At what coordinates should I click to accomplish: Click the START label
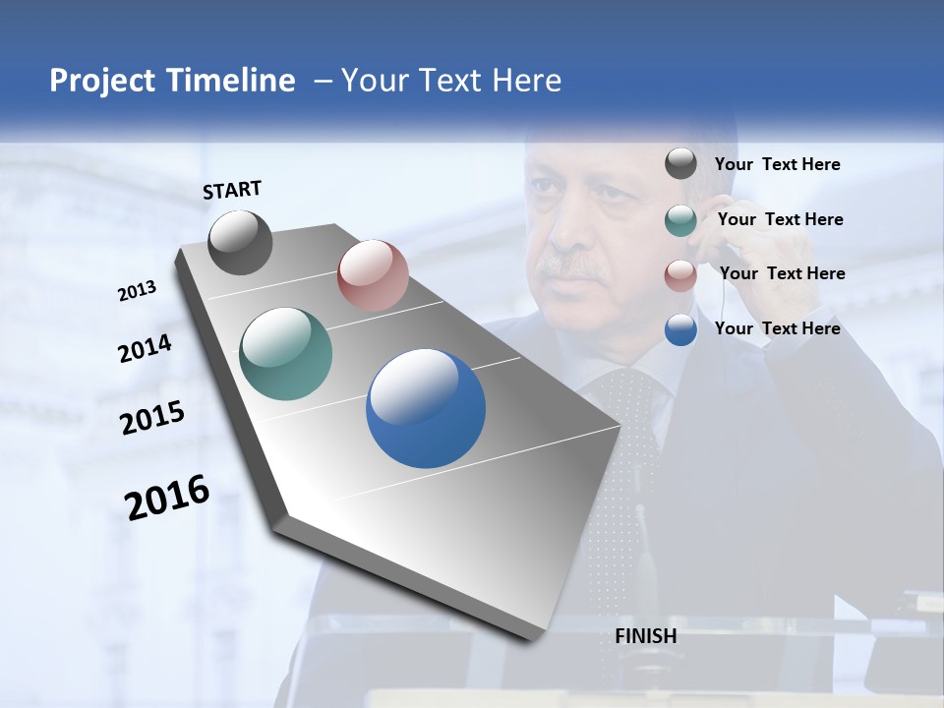click(x=232, y=190)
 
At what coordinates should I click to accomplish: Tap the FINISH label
click(x=646, y=636)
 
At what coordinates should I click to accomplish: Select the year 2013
click(x=137, y=291)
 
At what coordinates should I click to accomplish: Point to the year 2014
click(x=145, y=349)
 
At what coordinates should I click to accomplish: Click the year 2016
click(x=167, y=497)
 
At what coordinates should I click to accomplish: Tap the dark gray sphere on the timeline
click(x=240, y=243)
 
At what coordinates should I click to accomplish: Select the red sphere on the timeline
click(x=373, y=275)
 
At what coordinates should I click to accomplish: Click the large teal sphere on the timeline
click(x=286, y=354)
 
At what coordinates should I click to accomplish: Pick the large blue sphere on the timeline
click(x=426, y=408)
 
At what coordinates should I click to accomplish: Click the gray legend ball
click(x=680, y=164)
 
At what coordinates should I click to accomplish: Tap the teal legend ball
click(x=680, y=220)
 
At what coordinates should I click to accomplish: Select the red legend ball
click(x=680, y=274)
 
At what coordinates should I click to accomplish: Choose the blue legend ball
click(x=680, y=329)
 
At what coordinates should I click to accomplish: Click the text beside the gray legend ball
click(x=778, y=165)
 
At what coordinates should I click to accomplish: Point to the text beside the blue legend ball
click(x=778, y=328)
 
